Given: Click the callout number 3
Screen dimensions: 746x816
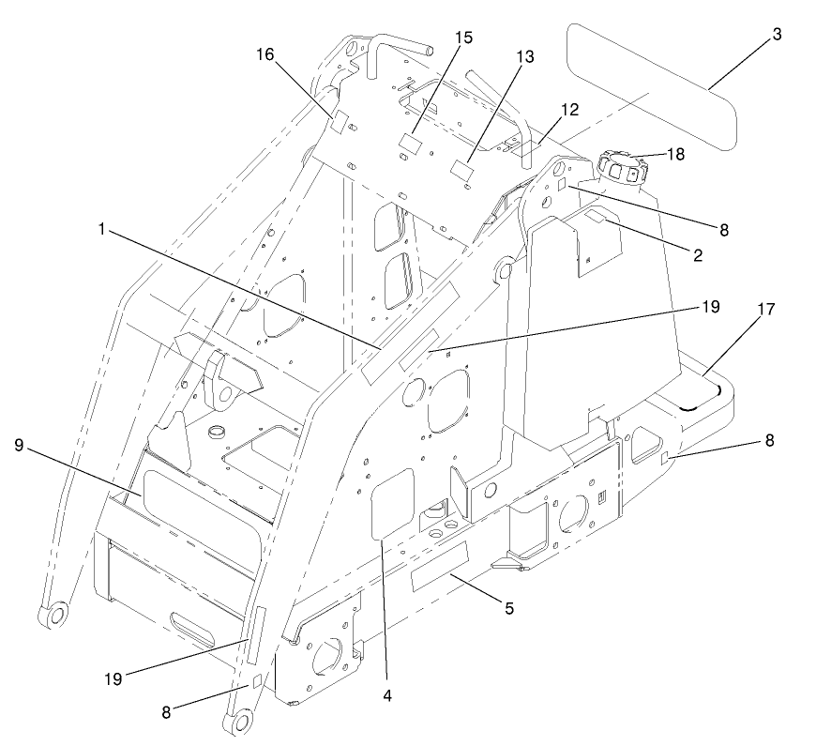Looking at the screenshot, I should click(x=777, y=35).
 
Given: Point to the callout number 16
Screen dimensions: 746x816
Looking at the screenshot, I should click(x=267, y=55).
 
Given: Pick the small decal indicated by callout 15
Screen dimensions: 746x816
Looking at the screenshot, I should click(x=407, y=143).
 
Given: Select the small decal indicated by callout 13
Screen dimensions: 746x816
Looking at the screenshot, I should click(x=461, y=170).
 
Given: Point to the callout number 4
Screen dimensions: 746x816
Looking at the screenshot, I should click(x=385, y=695).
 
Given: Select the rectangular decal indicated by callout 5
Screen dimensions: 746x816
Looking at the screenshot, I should click(x=441, y=566).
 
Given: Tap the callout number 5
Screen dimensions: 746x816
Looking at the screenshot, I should click(x=509, y=608).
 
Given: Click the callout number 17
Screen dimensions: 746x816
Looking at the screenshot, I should click(x=766, y=308).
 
